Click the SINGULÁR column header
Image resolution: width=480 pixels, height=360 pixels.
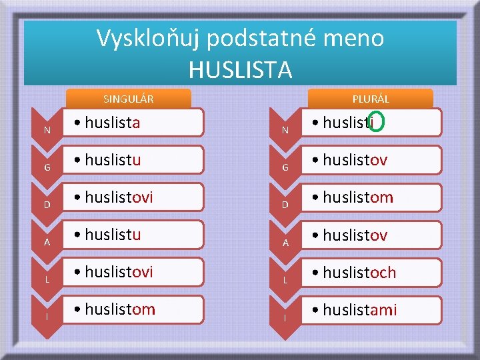(129, 99)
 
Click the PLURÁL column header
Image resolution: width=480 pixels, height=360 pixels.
(371, 99)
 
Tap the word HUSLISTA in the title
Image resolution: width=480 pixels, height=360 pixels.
(240, 69)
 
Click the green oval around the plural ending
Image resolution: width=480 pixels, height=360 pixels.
(376, 121)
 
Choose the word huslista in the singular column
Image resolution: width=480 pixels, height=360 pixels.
(112, 122)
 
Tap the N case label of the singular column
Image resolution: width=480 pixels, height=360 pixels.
(47, 129)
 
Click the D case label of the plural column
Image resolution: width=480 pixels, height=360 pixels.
(285, 204)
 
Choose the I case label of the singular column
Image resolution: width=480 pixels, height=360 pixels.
(47, 316)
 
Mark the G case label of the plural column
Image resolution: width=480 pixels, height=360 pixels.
(285, 167)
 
